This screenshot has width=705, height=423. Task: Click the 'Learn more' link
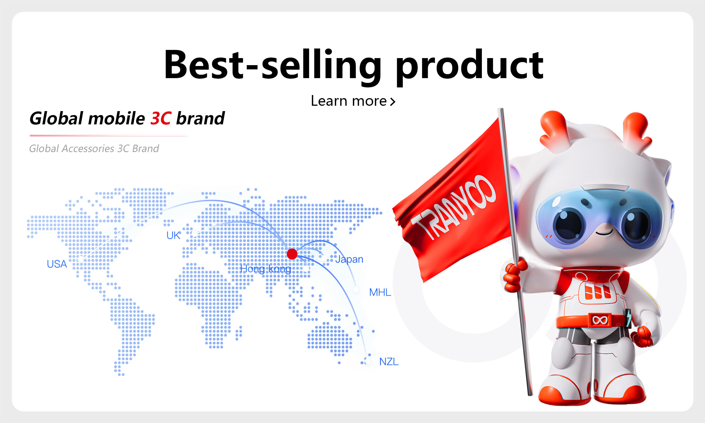[x=353, y=101]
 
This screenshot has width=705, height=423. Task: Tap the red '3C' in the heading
[x=160, y=118]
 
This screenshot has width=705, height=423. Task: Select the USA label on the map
[x=57, y=264]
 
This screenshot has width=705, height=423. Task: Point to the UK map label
[x=173, y=235]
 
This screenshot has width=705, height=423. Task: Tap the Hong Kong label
[x=265, y=269]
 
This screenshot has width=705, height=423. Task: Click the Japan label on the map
[x=349, y=259]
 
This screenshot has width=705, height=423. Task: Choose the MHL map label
[x=380, y=292]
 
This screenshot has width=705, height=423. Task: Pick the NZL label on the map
[x=389, y=362]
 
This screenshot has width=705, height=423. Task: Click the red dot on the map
[x=292, y=254]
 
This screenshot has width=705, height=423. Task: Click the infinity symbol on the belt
[x=600, y=320]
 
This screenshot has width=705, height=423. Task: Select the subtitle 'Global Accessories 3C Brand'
[x=94, y=149]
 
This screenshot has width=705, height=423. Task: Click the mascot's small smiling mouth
[x=604, y=233]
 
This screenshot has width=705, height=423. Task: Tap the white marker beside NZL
[x=368, y=361]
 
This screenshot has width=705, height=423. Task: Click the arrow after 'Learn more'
[x=393, y=102]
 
